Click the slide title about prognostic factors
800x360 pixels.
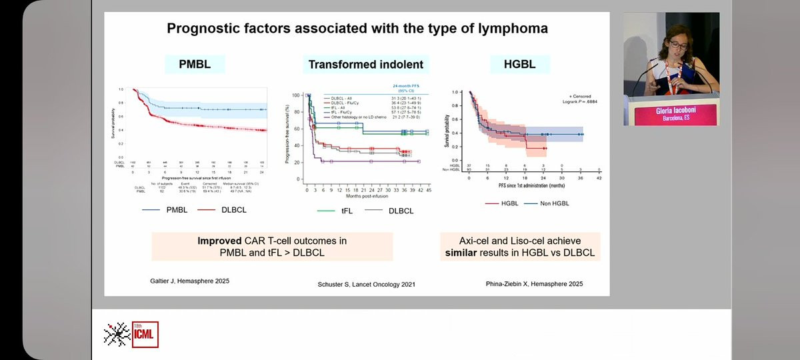coord(357,29)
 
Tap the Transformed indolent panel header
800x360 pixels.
coord(365,64)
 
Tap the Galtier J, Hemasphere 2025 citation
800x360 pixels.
coord(189,281)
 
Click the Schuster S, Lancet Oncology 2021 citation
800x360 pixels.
coord(366,285)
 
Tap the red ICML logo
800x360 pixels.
coord(145,335)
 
